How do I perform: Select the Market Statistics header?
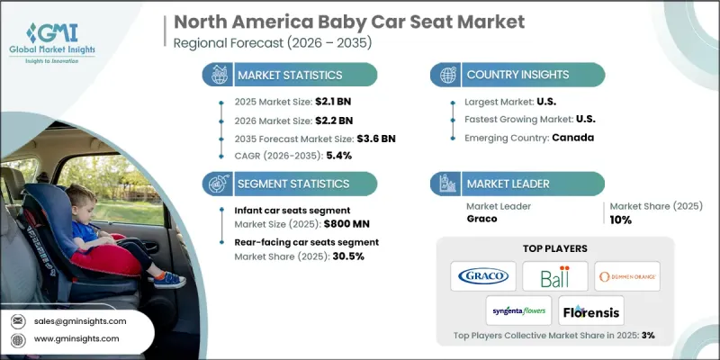[289, 75]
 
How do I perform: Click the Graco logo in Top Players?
[483, 274]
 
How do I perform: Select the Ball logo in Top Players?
[555, 274]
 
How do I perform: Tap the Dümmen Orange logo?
[627, 274]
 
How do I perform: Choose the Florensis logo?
[591, 310]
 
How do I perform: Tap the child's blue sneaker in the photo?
[170, 280]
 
